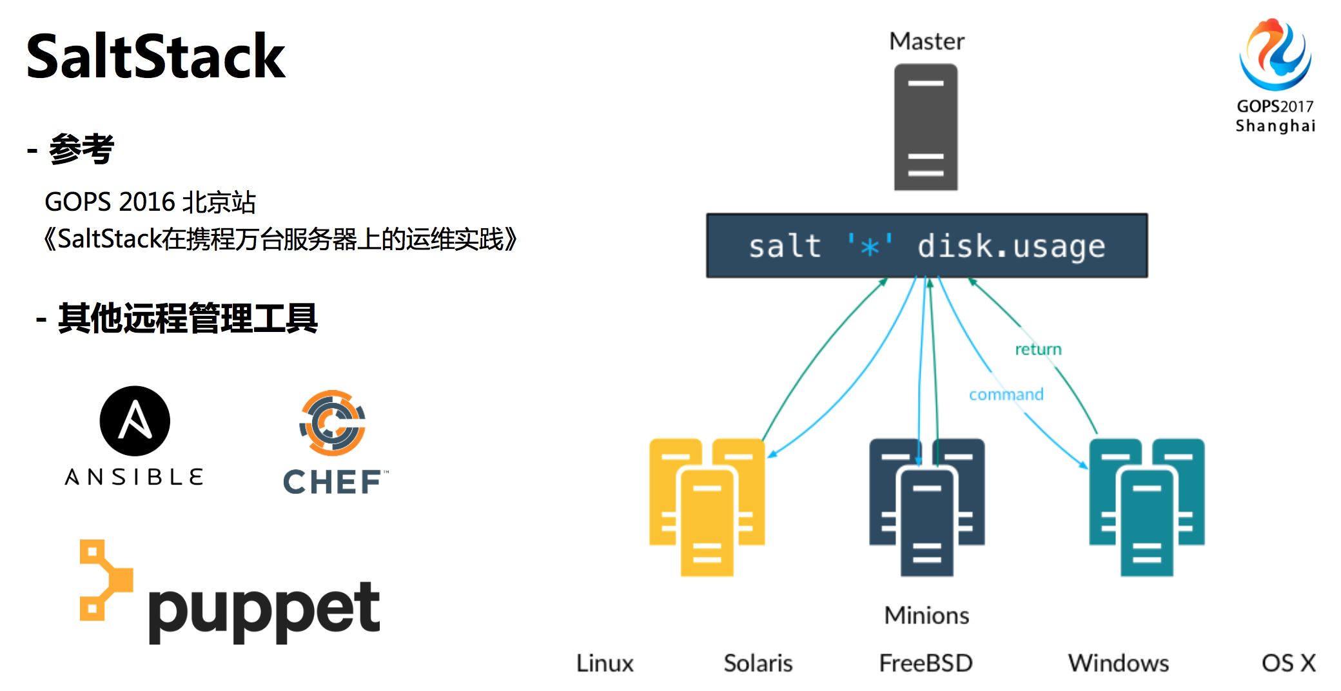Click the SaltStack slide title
click(155, 57)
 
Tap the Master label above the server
click(926, 42)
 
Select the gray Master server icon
click(926, 127)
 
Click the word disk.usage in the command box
click(1011, 246)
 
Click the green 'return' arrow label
click(1038, 349)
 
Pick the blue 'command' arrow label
click(1006, 394)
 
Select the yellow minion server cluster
click(707, 506)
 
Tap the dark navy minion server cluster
click(926, 506)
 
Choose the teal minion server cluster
click(1146, 506)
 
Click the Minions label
click(926, 616)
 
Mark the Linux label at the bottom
click(605, 663)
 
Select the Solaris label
click(758, 663)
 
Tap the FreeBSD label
click(926, 663)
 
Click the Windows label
click(1118, 663)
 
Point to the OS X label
click(1288, 663)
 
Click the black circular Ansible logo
click(135, 421)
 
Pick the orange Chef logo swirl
click(333, 423)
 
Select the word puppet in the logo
click(264, 609)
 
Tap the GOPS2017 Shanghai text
click(1275, 116)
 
